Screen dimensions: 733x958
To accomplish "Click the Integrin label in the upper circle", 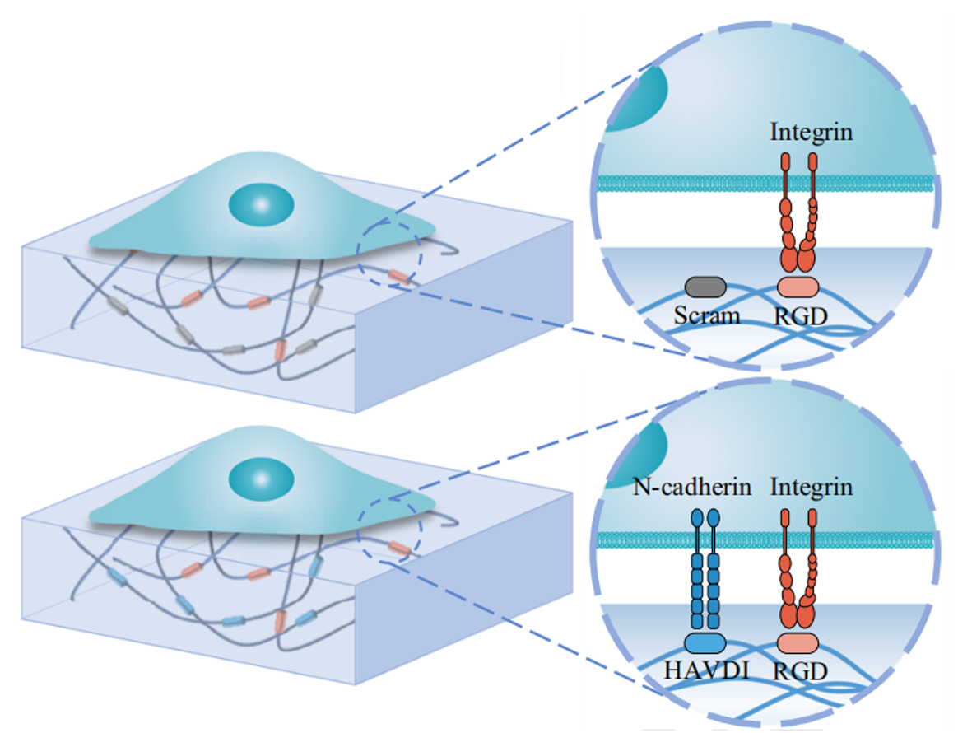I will [x=811, y=131].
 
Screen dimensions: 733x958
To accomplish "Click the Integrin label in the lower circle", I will [x=811, y=487].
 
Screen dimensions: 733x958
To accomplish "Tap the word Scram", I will [x=706, y=315].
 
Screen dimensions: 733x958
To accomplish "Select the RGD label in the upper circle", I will [x=800, y=315].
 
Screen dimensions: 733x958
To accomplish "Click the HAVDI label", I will [x=705, y=670].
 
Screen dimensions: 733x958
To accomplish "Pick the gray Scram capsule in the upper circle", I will [x=705, y=287].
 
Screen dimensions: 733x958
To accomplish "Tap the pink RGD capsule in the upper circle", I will [x=798, y=286].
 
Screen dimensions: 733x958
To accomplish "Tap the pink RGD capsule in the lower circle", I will [x=798, y=643].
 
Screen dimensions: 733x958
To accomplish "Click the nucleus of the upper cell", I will [x=261, y=203].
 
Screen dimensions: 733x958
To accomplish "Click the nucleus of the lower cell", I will [x=261, y=479].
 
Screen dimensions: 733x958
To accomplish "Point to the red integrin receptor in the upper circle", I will [x=798, y=214].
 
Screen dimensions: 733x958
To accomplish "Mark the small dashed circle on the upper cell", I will [x=388, y=254].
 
